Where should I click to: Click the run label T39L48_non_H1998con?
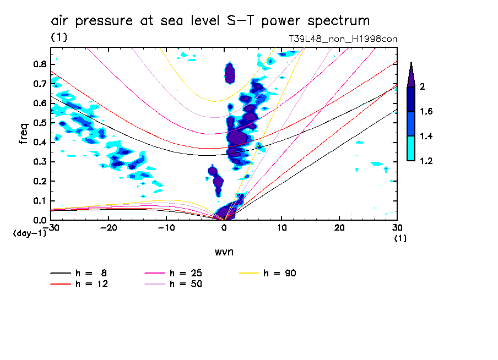pyautogui.click(x=343, y=39)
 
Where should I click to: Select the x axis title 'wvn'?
pyautogui.click(x=224, y=252)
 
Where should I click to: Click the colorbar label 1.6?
pyautogui.click(x=426, y=112)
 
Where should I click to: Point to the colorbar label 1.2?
pyautogui.click(x=426, y=161)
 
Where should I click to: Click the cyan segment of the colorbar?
pyautogui.click(x=411, y=148)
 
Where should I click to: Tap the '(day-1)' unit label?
pyautogui.click(x=30, y=233)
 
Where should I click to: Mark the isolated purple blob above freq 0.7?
pyautogui.click(x=230, y=72)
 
